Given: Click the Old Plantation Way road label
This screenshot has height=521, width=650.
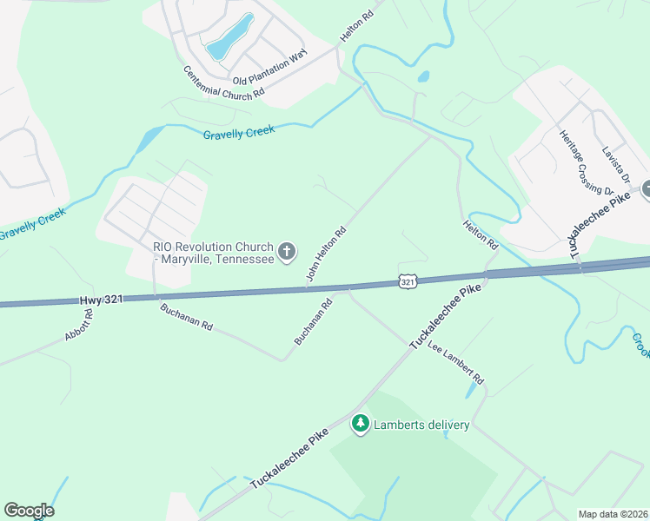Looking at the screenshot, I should point(269,67).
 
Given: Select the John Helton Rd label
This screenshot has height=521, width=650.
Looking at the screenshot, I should point(327,254).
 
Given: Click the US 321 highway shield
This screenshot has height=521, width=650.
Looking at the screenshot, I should point(408,281).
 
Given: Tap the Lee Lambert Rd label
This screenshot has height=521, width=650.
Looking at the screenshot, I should point(457,366).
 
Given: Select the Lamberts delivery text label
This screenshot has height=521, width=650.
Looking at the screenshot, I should point(422,425).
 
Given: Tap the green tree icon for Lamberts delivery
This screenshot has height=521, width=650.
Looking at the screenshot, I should point(360,424).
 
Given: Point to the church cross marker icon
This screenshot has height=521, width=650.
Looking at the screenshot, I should point(288,253).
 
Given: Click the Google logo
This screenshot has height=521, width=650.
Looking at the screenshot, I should point(29,511).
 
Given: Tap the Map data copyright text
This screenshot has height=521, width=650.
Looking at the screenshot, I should point(613,513).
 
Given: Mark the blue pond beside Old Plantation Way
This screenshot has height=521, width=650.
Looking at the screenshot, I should point(230,37).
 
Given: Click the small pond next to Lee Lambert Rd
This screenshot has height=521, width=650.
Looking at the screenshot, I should point(470,392).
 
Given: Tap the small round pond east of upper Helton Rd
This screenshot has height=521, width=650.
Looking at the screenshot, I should point(423,76).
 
